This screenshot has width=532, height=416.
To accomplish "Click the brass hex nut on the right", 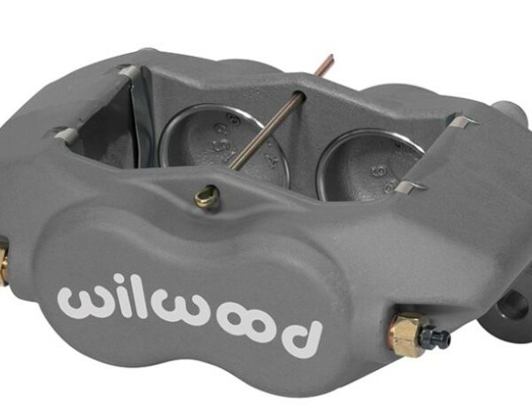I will tap(407, 334).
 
